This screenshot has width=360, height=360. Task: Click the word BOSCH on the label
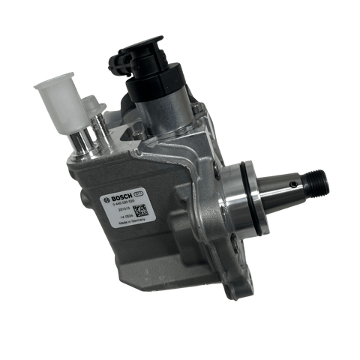[121, 200]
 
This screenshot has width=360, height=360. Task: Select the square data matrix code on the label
[141, 211]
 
